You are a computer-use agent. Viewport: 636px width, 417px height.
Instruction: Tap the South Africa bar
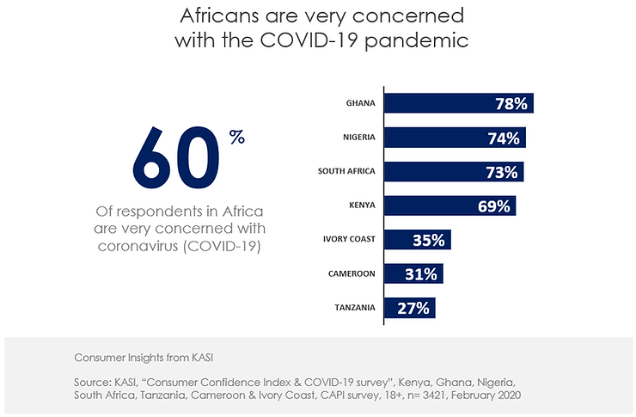454,171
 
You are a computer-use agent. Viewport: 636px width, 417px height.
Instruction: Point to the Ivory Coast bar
417,240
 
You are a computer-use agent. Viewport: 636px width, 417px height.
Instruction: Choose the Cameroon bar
413,273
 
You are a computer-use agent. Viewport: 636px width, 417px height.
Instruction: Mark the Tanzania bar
409,308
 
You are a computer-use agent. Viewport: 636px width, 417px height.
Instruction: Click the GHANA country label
361,103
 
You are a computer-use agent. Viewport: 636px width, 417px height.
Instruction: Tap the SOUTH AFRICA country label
346,171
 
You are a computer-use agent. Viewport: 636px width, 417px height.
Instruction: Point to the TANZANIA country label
352,308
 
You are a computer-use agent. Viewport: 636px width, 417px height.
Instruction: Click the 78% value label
511,104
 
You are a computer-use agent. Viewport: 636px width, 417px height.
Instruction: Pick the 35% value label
428,241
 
